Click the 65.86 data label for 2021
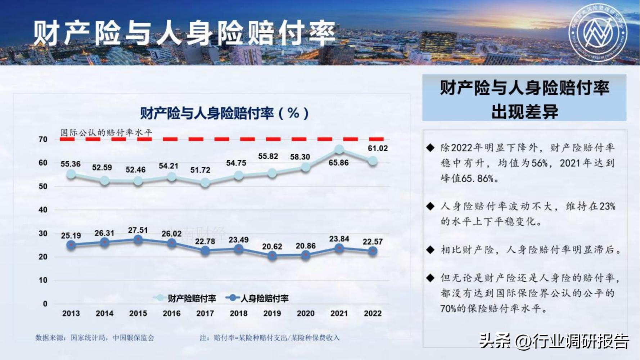point(338,163)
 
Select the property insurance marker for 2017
point(205,183)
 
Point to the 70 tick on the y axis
point(43,139)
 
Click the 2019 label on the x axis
point(272,314)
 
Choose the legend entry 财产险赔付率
point(185,298)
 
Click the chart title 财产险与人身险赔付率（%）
point(224,113)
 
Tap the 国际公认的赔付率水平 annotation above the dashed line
point(106,132)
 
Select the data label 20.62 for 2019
point(272,247)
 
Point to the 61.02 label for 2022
point(378,148)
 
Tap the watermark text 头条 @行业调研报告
point(554,341)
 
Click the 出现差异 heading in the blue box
point(524,112)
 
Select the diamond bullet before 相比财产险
point(430,250)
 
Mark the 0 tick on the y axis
point(45,304)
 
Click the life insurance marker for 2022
point(373,251)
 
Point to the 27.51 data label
point(138,230)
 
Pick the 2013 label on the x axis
point(71,314)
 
